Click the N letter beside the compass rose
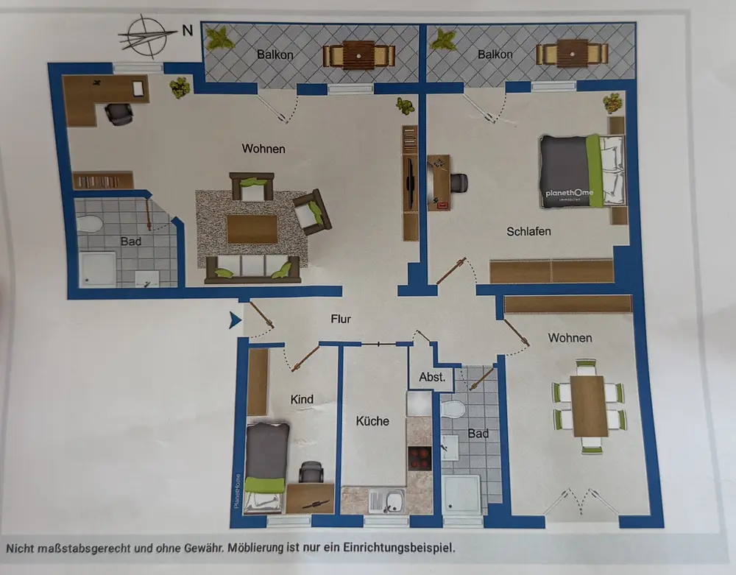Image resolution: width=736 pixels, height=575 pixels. (x=187, y=30)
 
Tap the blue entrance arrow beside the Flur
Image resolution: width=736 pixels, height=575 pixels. (x=236, y=320)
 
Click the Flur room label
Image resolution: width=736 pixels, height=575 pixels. (x=341, y=320)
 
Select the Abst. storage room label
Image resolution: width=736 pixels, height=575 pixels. (x=432, y=377)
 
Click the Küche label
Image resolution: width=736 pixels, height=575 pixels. (x=372, y=421)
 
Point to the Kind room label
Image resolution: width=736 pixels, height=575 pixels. (x=302, y=400)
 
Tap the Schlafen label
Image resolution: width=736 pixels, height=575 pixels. (x=528, y=231)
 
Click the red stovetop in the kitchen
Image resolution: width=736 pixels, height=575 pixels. (x=420, y=458)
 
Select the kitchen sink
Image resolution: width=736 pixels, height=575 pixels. (x=387, y=501)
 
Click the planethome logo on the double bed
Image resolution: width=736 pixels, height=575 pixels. (x=569, y=194)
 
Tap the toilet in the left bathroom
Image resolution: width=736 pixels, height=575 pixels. (x=89, y=224)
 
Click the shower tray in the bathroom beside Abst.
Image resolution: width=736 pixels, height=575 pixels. (x=461, y=494)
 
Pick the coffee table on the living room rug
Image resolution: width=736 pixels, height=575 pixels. (x=252, y=229)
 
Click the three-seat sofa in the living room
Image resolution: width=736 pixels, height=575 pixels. (x=252, y=269)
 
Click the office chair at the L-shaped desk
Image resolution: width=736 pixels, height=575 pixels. (x=118, y=114)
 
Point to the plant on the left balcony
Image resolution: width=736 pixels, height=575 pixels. (x=219, y=38)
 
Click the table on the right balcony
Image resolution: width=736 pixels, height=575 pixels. (x=572, y=54)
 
